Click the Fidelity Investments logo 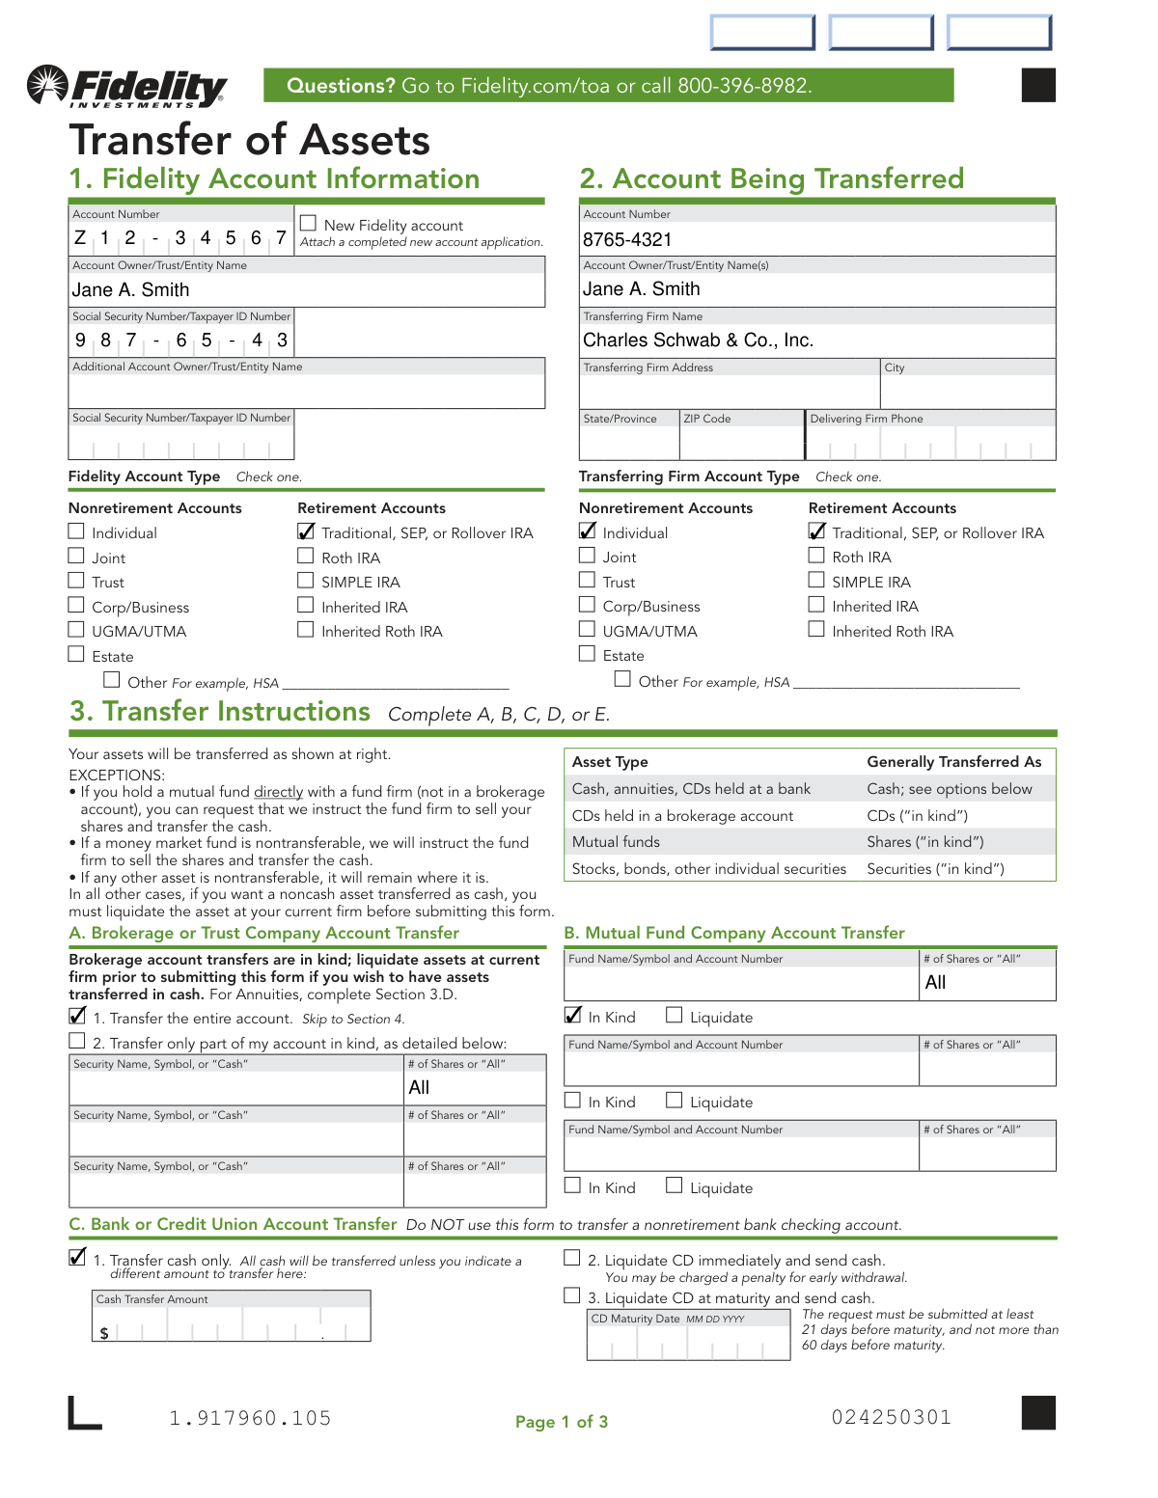(127, 88)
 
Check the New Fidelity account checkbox (309, 224)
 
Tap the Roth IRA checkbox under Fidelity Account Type (306, 557)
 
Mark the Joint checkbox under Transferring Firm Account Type (587, 556)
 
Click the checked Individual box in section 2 (587, 531)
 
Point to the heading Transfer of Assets (250, 140)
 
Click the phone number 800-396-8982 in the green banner (743, 86)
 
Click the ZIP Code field (741, 442)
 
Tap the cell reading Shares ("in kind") (924, 842)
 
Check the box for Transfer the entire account (77, 1016)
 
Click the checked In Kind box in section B (572, 1015)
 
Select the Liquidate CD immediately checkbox (572, 1258)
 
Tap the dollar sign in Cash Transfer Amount (104, 1333)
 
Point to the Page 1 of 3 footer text (562, 1422)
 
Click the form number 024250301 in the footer (892, 1417)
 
